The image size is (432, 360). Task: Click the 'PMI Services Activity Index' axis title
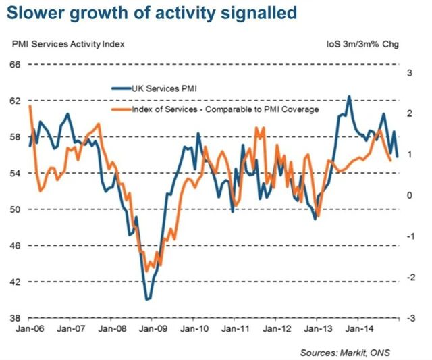68,45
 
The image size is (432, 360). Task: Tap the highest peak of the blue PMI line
349,96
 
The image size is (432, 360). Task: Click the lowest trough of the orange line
147,272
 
